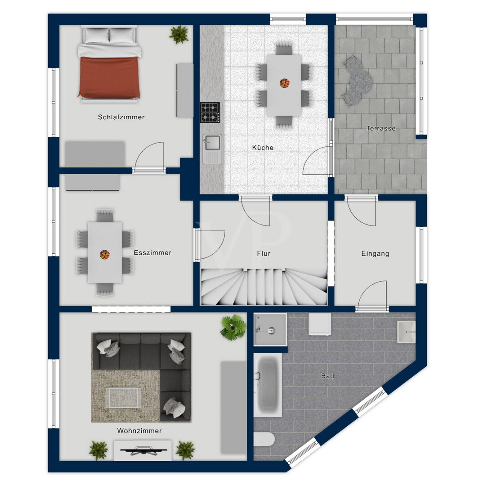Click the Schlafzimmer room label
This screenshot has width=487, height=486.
(121, 117)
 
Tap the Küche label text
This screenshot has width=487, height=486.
(263, 148)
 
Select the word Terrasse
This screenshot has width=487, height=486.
(381, 128)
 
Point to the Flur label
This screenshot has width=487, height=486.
(264, 253)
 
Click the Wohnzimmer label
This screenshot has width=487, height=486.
(139, 431)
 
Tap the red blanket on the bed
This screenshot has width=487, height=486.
(109, 77)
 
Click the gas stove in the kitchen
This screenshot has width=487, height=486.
(210, 112)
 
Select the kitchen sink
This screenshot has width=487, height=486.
(212, 149)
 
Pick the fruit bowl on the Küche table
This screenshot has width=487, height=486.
(285, 83)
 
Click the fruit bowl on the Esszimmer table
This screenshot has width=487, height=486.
(105, 255)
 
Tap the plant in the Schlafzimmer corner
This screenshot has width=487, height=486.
(179, 34)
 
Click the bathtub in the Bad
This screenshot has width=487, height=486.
(268, 385)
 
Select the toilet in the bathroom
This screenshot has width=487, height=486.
(264, 439)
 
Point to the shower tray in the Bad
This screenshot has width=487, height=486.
(270, 330)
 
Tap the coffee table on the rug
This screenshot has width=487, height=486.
(122, 398)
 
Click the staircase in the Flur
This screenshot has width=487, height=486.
(264, 287)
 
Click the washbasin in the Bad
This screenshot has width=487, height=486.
(406, 332)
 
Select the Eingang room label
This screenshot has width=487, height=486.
(375, 253)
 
